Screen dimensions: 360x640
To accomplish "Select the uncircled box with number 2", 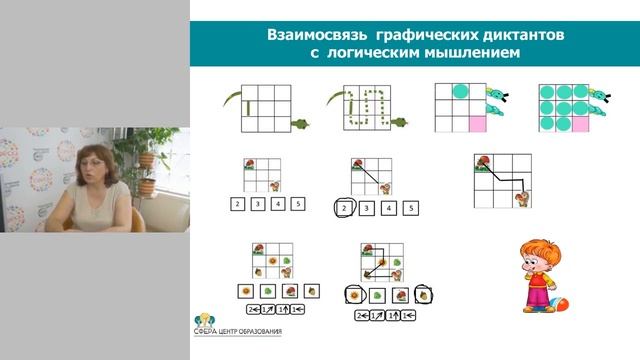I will (x=236, y=204).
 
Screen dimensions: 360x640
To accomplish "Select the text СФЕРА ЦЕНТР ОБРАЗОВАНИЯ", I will (x=245, y=331).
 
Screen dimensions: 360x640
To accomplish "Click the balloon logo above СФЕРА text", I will (x=202, y=321).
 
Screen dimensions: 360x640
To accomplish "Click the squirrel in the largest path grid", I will (x=522, y=198).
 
